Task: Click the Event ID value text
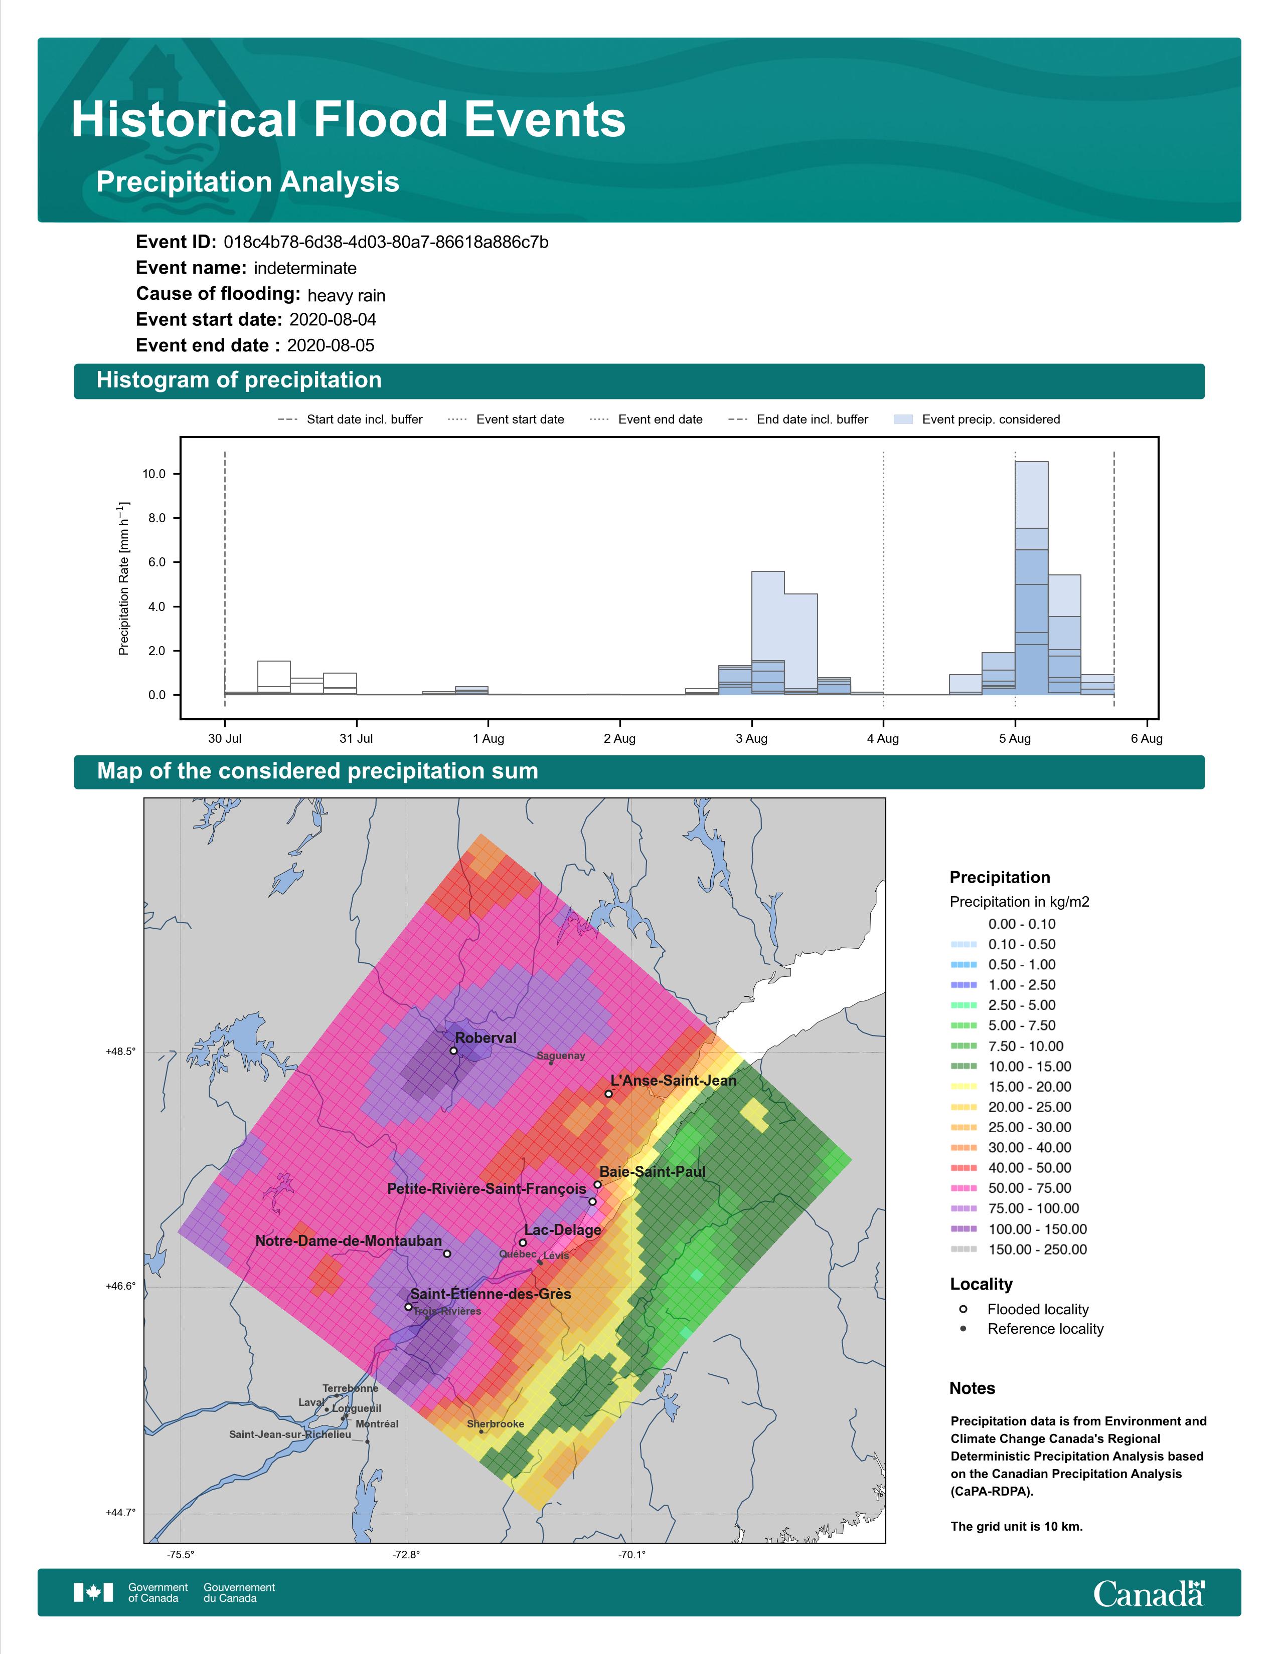[386, 243]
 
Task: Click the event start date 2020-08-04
[333, 320]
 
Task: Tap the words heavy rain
[346, 295]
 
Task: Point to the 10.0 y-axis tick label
[154, 474]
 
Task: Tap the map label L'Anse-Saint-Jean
[674, 1080]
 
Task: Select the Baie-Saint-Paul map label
[653, 1172]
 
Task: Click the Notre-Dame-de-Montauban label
[349, 1240]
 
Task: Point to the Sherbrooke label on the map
[496, 1424]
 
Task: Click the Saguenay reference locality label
[561, 1056]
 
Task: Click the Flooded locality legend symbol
[963, 1309]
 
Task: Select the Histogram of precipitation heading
[239, 380]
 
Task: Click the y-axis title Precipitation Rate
[124, 578]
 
